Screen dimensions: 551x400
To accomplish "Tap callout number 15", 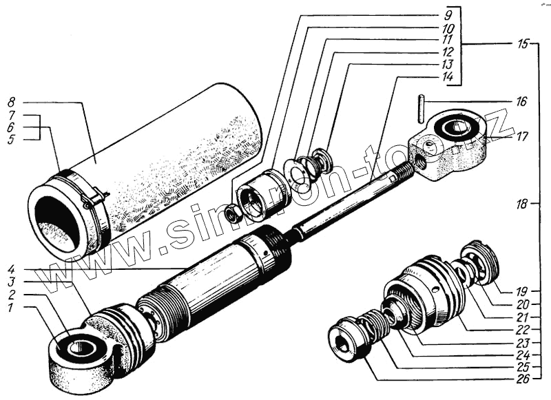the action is coord(523,44).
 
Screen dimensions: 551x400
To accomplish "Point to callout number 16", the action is coord(521,102).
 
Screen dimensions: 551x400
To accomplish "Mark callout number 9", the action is coord(448,14).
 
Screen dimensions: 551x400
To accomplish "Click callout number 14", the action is coord(448,77).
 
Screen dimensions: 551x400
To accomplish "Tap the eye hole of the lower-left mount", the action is coord(81,346).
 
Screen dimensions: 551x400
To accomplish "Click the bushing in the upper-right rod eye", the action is coord(455,128).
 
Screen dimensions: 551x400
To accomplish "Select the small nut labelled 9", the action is coord(233,215).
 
